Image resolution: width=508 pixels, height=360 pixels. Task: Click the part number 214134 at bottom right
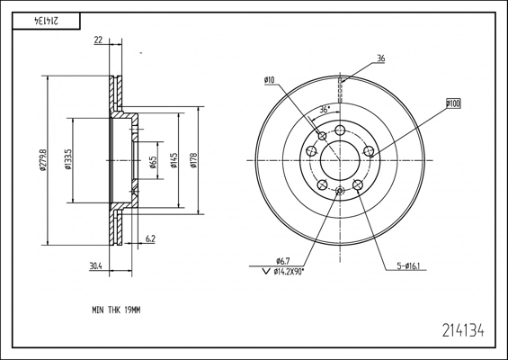click(x=463, y=330)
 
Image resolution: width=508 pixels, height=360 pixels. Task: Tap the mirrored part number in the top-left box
click(x=46, y=21)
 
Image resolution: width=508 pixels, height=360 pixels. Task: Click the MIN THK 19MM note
click(x=116, y=310)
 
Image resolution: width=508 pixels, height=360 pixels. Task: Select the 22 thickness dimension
click(x=98, y=40)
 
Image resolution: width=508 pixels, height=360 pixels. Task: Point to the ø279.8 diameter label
click(x=43, y=160)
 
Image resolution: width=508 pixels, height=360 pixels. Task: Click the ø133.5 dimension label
click(x=67, y=159)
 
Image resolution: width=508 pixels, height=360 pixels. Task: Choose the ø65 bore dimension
click(x=153, y=162)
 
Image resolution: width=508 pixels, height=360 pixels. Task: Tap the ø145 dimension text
click(x=174, y=160)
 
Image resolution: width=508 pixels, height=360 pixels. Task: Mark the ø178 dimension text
click(x=193, y=160)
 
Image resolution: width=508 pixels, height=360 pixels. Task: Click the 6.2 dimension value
click(x=150, y=238)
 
